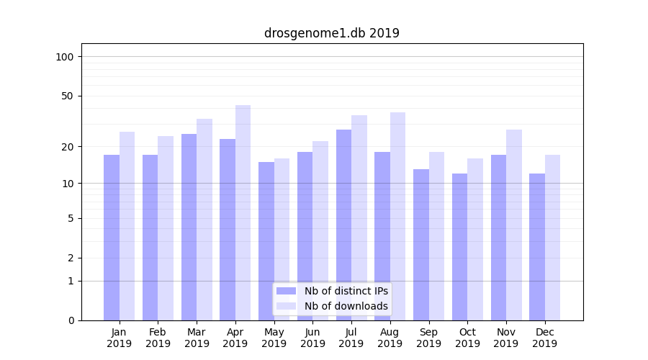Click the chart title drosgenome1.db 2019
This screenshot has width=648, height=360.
(331, 33)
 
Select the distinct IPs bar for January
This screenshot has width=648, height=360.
(112, 238)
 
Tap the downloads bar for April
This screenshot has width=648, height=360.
(243, 212)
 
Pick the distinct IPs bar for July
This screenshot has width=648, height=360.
(343, 225)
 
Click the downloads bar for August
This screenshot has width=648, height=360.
(397, 216)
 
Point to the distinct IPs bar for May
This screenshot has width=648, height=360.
(266, 241)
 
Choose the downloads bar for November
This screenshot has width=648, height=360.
(514, 225)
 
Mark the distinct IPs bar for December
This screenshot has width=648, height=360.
(537, 246)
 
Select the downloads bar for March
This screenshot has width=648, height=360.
(204, 220)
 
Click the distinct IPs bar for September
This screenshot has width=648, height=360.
(421, 245)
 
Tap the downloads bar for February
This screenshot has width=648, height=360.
(166, 228)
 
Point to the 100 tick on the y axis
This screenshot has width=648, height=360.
(64, 57)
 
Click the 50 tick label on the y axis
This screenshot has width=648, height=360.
(67, 96)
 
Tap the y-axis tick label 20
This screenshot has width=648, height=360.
(67, 147)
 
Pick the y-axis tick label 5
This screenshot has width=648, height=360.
(70, 218)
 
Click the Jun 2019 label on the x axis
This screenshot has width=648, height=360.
(312, 338)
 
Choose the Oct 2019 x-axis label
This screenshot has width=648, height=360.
(467, 338)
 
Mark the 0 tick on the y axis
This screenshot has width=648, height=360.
(70, 320)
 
